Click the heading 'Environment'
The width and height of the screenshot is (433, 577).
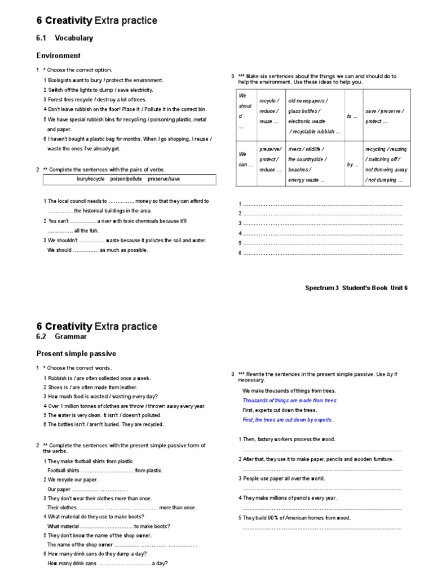point(59,56)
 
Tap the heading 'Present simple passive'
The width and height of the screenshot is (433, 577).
point(76,354)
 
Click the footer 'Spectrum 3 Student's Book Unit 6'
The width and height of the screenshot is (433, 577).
point(356,287)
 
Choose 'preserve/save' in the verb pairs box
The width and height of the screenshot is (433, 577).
point(164,179)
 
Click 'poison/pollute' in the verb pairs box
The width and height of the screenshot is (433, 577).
point(126,179)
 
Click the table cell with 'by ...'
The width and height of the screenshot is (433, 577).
point(352,165)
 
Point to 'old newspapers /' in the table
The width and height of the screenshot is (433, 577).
point(308,101)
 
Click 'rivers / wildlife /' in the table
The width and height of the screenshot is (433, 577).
point(306,149)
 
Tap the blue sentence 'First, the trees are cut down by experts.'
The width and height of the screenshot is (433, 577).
point(288,420)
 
